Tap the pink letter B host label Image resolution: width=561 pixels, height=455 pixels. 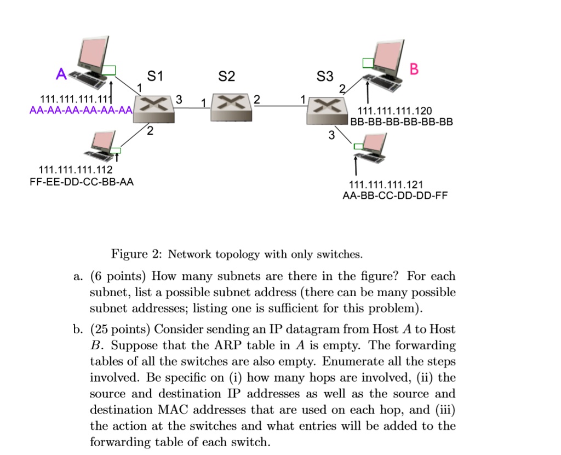414,69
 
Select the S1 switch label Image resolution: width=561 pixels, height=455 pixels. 155,77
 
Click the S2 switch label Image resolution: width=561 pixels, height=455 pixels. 226,77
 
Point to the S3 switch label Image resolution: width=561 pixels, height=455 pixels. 325,77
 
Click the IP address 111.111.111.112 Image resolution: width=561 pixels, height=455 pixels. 75,171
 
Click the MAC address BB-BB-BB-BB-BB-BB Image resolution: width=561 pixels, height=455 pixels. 401,122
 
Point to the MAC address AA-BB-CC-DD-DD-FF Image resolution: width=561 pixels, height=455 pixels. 394,195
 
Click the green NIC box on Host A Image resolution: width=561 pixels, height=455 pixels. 110,70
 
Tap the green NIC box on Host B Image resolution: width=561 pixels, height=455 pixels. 368,62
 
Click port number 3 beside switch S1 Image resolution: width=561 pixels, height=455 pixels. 178,99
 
